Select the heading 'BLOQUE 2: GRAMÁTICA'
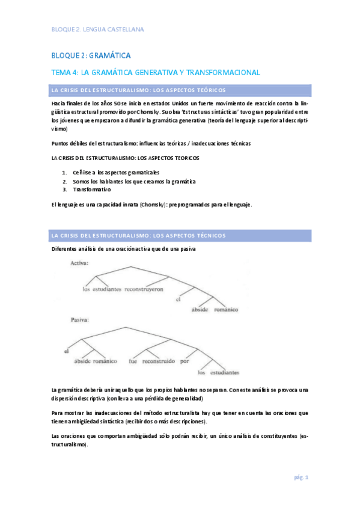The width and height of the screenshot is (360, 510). (90, 56)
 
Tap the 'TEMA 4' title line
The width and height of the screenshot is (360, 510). (155, 72)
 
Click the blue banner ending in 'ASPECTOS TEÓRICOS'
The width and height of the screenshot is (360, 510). (181, 90)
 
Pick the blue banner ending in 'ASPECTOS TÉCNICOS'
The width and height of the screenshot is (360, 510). (181, 235)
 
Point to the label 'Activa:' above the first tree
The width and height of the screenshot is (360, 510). (80, 263)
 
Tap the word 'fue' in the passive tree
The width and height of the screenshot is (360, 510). (133, 361)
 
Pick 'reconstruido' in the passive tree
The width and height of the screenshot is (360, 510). (159, 361)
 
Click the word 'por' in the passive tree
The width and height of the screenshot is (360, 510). (185, 361)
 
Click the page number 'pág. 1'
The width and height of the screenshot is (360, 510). (301, 478)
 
